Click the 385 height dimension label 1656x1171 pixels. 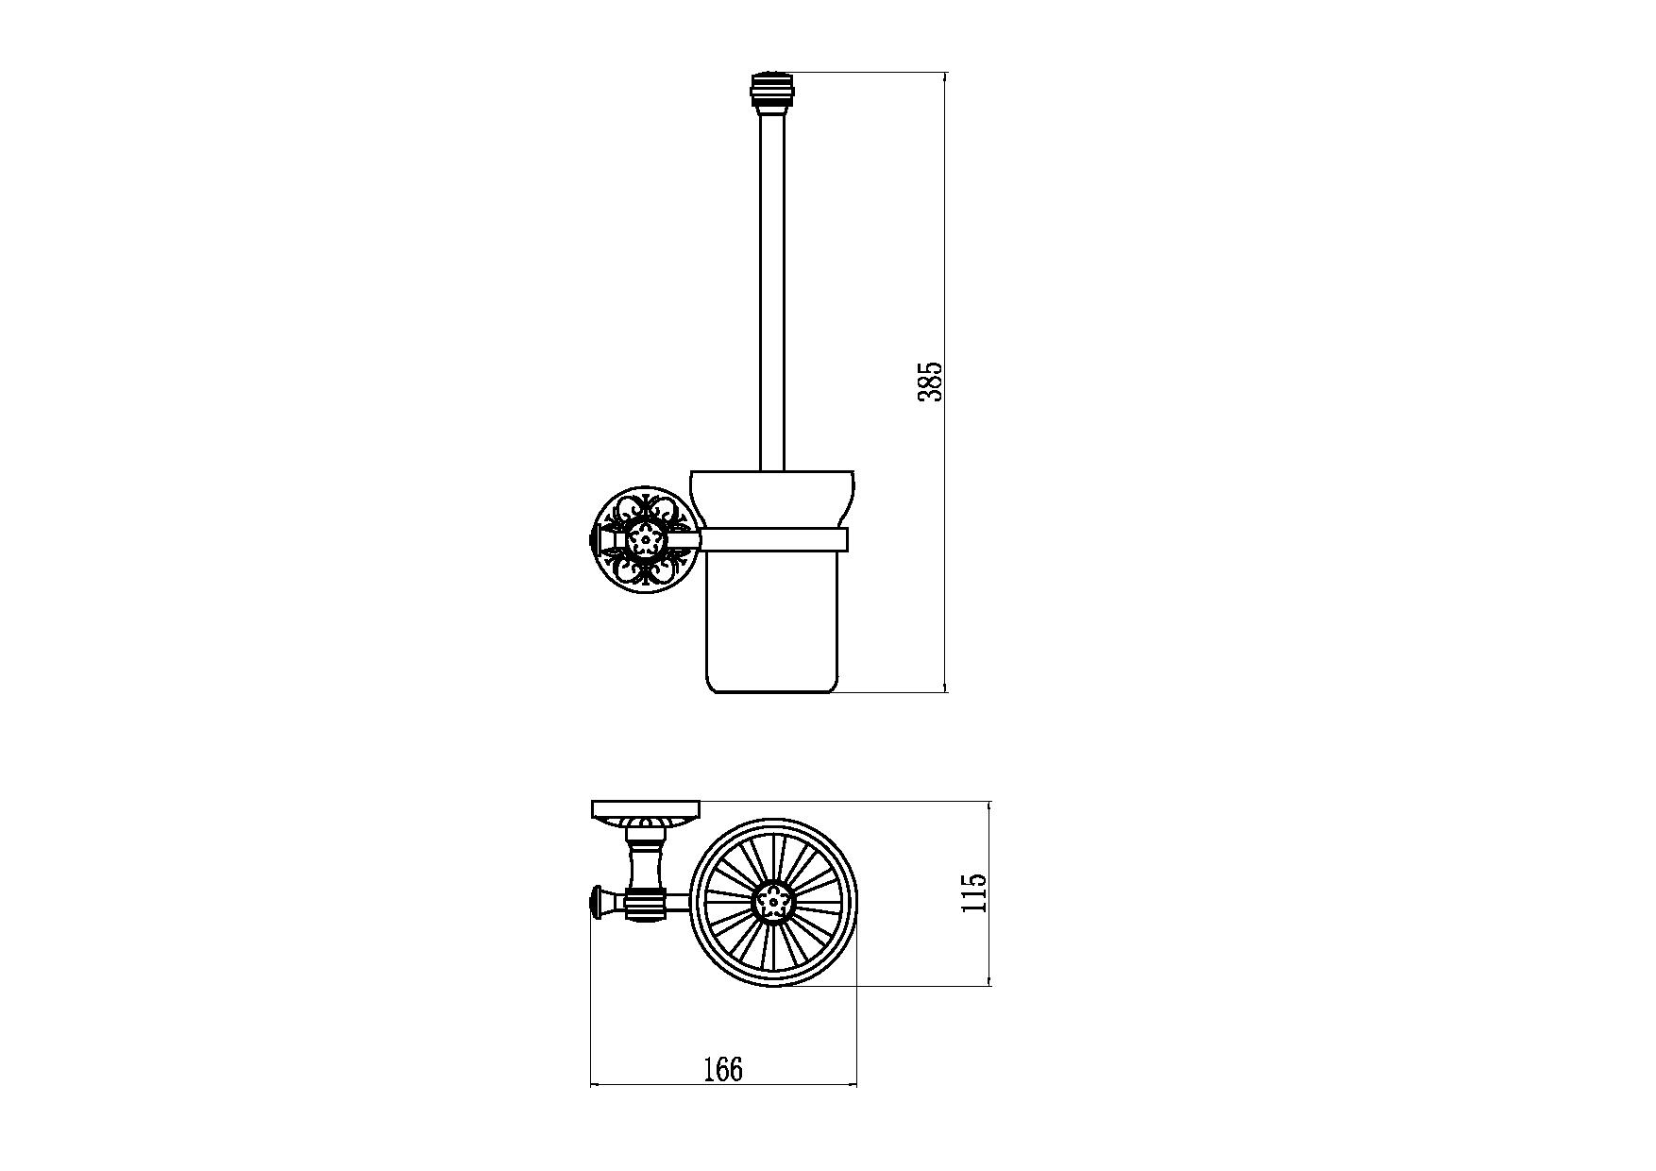tap(930, 381)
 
